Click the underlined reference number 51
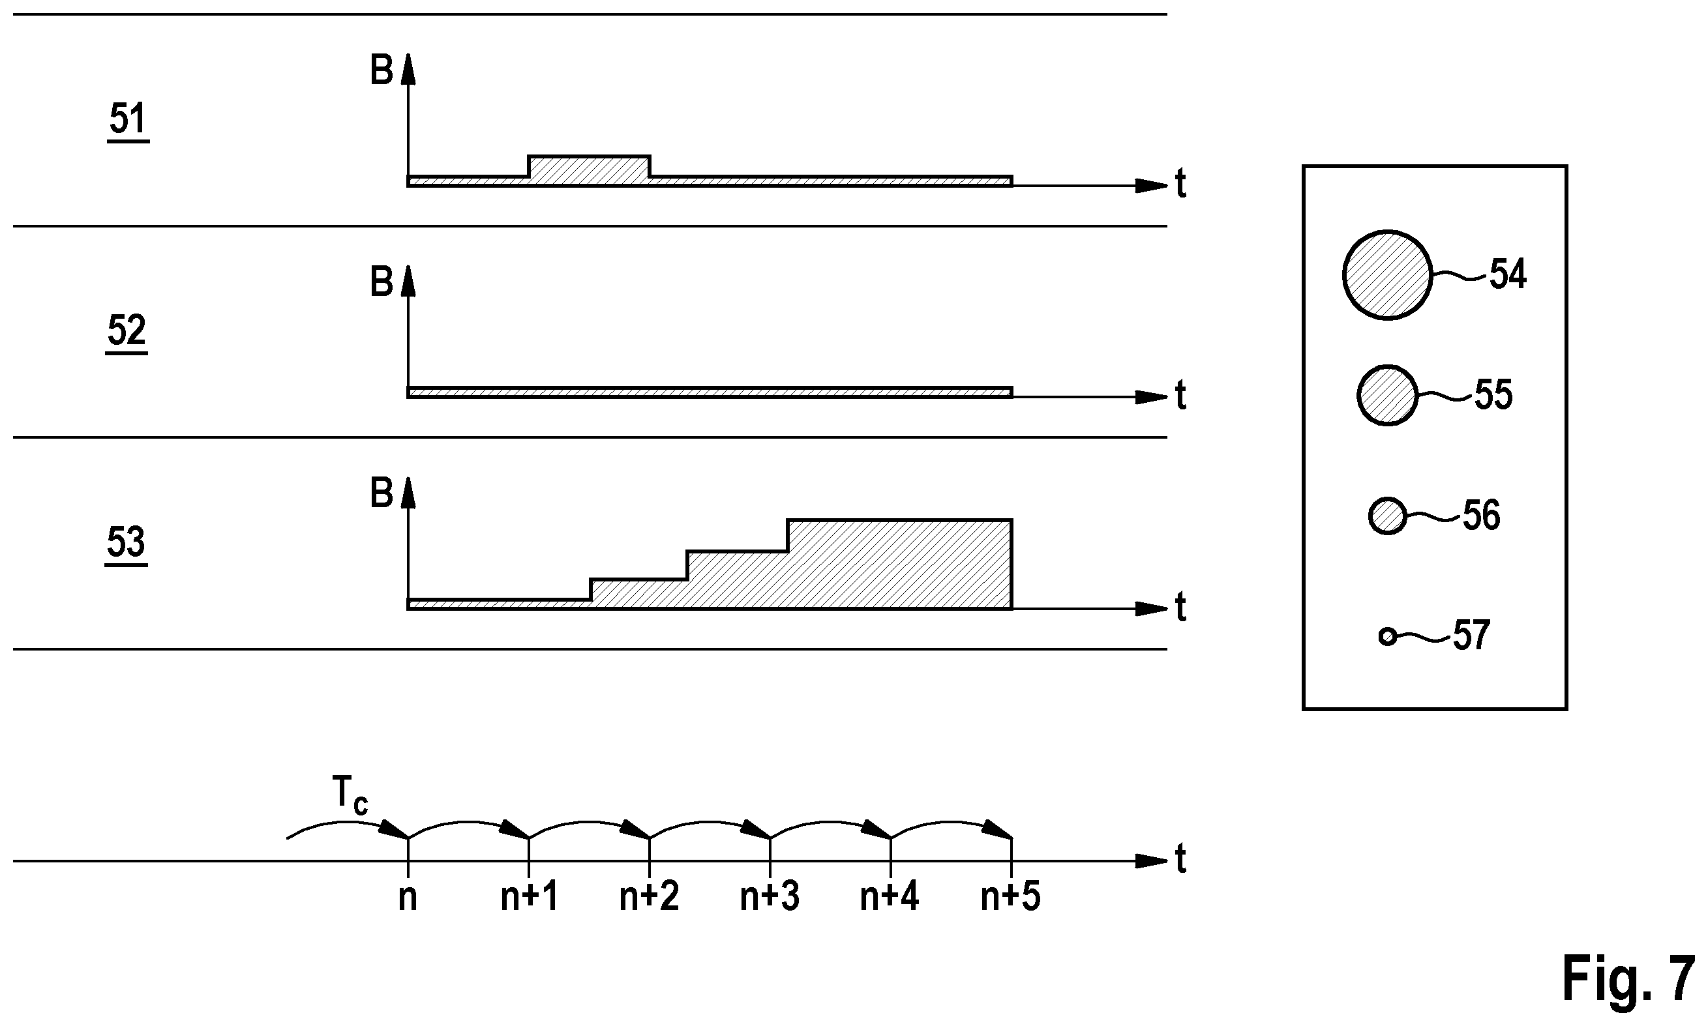pos(128,121)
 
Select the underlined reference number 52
pos(127,332)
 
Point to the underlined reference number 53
pos(126,544)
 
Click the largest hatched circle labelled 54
pos(1387,275)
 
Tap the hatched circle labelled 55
pos(1387,396)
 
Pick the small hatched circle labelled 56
pos(1387,516)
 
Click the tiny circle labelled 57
pos(1387,636)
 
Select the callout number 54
pos(1508,274)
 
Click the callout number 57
pos(1471,636)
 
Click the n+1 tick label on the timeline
pos(529,898)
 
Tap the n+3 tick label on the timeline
pos(770,898)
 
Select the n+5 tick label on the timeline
pos(1010,898)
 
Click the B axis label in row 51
pos(382,70)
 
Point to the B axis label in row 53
pos(382,493)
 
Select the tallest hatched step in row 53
pos(899,563)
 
